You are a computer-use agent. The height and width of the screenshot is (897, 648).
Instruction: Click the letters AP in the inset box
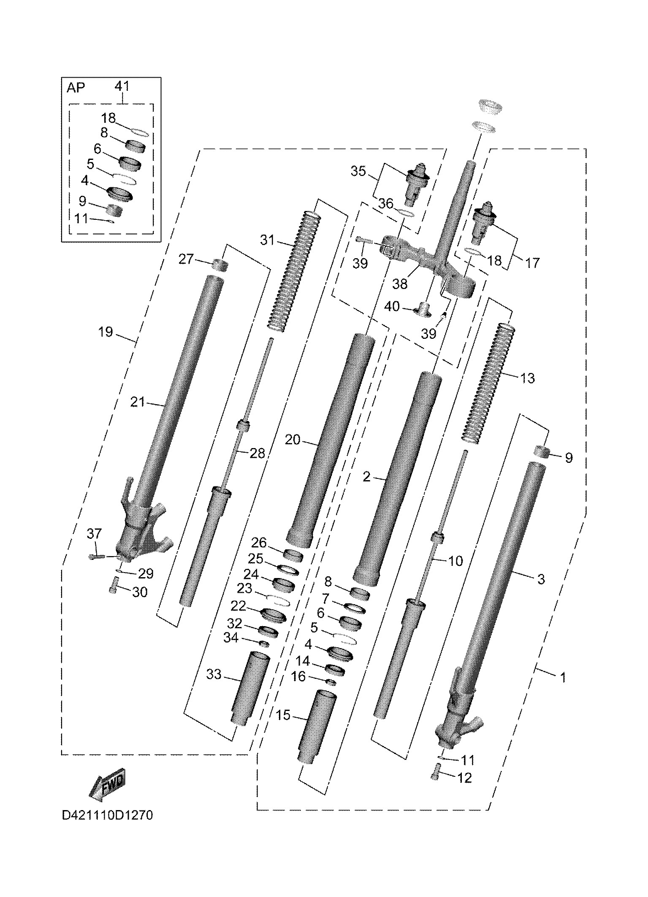coord(76,88)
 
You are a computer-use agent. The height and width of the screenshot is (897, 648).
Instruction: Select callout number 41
coord(122,86)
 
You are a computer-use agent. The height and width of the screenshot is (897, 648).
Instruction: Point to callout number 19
coord(106,332)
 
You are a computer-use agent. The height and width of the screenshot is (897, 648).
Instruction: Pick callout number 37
coord(94,534)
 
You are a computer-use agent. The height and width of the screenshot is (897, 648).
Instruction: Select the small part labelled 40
coord(422,310)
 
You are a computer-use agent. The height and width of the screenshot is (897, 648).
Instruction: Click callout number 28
coord(257,454)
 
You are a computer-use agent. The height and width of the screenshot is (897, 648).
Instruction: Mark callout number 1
coord(563,678)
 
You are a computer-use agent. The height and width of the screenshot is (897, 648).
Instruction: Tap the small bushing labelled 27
coord(220,265)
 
